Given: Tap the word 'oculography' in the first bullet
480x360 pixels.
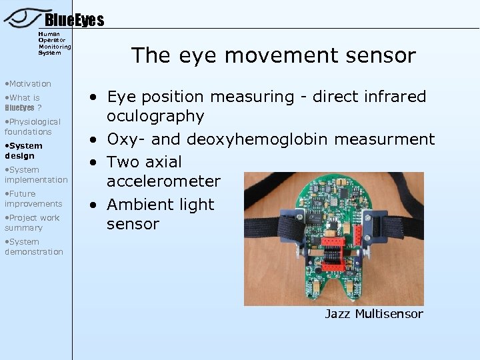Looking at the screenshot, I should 155,116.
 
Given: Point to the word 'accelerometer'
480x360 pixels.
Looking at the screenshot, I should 163,181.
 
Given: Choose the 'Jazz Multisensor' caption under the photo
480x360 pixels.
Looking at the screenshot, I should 373,314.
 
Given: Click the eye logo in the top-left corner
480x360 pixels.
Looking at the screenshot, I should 23,17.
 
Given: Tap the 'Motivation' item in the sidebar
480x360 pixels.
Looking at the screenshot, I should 28,83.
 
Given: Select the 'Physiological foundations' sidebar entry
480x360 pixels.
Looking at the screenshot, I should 33,127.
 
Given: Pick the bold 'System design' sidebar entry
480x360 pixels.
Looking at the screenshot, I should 24,151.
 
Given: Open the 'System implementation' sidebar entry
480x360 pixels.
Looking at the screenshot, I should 36,175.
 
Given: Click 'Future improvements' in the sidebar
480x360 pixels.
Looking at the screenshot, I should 33,199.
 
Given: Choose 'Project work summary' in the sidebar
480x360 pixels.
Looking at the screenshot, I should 32,223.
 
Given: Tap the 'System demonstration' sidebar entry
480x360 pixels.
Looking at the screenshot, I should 34,247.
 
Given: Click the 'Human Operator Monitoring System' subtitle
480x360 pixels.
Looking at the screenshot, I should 54,43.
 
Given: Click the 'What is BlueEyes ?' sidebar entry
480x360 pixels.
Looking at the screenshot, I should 23,102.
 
